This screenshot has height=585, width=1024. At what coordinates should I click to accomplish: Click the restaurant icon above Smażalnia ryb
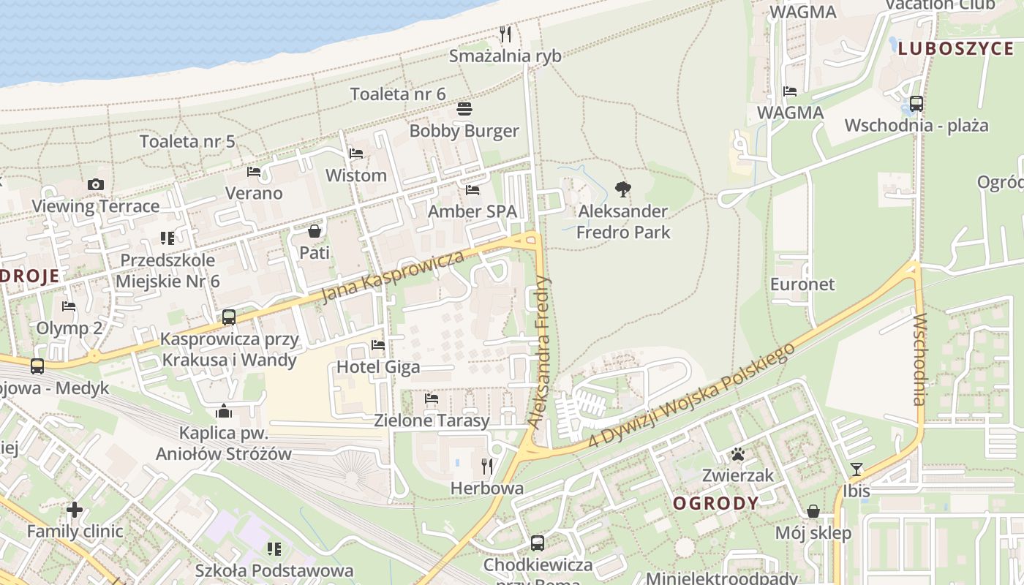pyautogui.click(x=505, y=34)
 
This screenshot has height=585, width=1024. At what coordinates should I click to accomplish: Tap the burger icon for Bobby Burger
pyautogui.click(x=464, y=109)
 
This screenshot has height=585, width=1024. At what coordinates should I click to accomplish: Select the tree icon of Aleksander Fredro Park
pyautogui.click(x=623, y=189)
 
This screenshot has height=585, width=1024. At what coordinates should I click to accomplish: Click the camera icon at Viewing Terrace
pyautogui.click(x=96, y=184)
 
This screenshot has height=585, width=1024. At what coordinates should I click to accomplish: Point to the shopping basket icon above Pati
pyautogui.click(x=315, y=231)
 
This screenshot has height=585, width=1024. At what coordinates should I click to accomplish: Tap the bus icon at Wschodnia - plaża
pyautogui.click(x=916, y=104)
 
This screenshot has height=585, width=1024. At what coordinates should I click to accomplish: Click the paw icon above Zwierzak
pyautogui.click(x=738, y=454)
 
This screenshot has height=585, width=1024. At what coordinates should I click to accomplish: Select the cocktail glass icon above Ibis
pyautogui.click(x=857, y=469)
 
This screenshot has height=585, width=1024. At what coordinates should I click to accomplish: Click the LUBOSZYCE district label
pyautogui.click(x=955, y=49)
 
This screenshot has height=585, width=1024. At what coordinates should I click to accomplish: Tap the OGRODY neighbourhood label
pyautogui.click(x=715, y=503)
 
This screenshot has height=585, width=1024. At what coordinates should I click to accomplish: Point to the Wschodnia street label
pyautogui.click(x=919, y=358)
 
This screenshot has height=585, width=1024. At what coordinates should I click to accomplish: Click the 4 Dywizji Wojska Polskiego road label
pyautogui.click(x=692, y=396)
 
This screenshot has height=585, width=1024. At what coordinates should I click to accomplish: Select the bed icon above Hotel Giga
pyautogui.click(x=378, y=344)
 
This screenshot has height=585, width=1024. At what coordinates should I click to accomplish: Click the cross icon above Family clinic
pyautogui.click(x=75, y=509)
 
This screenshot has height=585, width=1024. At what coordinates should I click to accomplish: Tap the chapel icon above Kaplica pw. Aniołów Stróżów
pyautogui.click(x=224, y=411)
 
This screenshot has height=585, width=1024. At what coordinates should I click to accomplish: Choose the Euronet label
pyautogui.click(x=802, y=284)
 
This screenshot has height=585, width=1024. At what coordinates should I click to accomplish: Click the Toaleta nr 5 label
pyautogui.click(x=187, y=141)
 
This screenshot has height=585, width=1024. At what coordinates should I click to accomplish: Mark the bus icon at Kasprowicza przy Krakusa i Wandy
pyautogui.click(x=229, y=317)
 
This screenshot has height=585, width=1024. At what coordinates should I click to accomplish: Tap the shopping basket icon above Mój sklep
pyautogui.click(x=813, y=511)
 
